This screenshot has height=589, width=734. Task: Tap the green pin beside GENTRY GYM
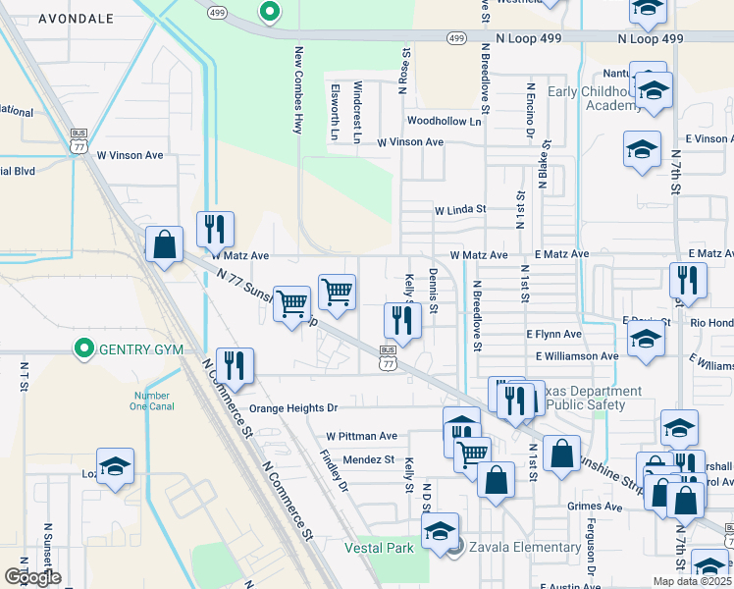pyautogui.click(x=84, y=348)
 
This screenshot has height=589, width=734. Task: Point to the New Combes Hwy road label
pyautogui.click(x=297, y=88)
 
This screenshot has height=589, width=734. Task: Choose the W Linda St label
pyautogui.click(x=460, y=209)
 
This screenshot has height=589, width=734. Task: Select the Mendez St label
pyautogui.click(x=368, y=458)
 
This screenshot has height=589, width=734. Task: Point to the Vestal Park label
pyautogui.click(x=379, y=548)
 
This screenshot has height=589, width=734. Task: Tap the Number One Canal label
pyautogui.click(x=152, y=402)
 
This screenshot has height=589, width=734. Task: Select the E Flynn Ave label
pyautogui.click(x=554, y=335)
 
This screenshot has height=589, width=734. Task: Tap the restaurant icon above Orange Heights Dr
pyautogui.click(x=235, y=365)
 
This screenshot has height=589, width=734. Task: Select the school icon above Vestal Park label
pyautogui.click(x=440, y=531)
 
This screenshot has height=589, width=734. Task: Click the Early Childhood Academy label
pyautogui.click(x=594, y=98)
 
